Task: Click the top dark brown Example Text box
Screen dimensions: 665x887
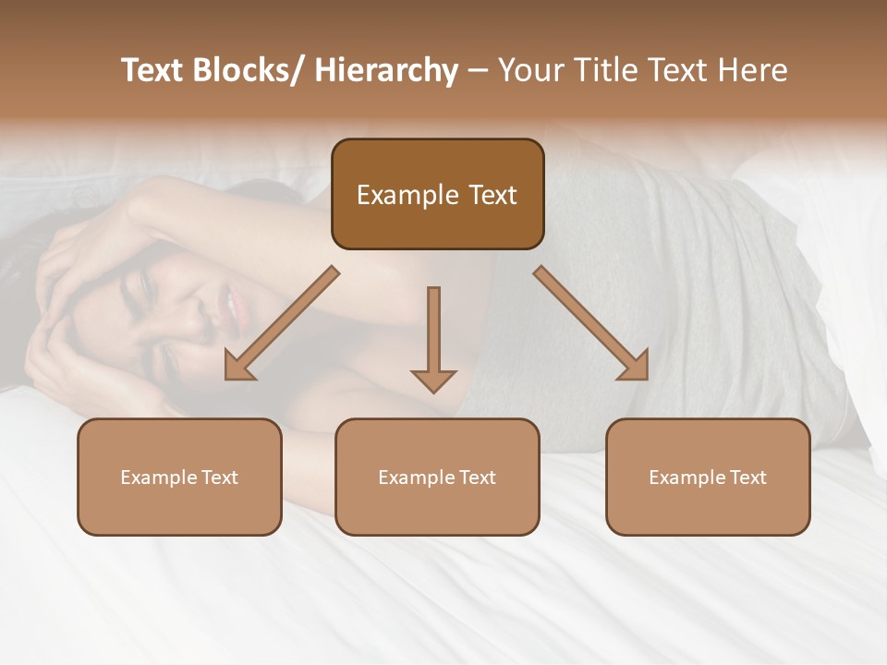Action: click(437, 194)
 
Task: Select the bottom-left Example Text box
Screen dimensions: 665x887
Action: click(179, 477)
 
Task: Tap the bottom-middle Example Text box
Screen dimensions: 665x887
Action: click(437, 477)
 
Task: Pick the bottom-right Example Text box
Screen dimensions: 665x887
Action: click(708, 477)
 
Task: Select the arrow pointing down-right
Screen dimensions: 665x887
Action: click(591, 323)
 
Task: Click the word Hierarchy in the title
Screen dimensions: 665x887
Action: click(386, 70)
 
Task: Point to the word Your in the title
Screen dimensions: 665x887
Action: click(530, 70)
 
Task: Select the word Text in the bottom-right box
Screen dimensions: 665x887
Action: click(747, 478)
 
